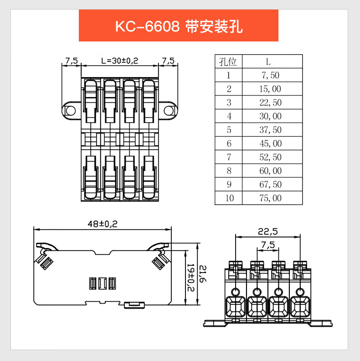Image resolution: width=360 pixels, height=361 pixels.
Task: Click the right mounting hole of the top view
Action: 169,110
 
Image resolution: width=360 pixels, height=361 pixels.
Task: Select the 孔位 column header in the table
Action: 228,62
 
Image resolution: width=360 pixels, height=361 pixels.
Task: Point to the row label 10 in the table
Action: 228,198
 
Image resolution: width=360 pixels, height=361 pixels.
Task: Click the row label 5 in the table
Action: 228,130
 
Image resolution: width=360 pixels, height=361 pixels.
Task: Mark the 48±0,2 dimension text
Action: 103,224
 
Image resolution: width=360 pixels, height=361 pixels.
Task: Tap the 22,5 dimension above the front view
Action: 267,232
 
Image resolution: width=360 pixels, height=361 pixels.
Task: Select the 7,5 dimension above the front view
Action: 268,245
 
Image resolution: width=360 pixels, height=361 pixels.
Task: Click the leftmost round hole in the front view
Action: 236,292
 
